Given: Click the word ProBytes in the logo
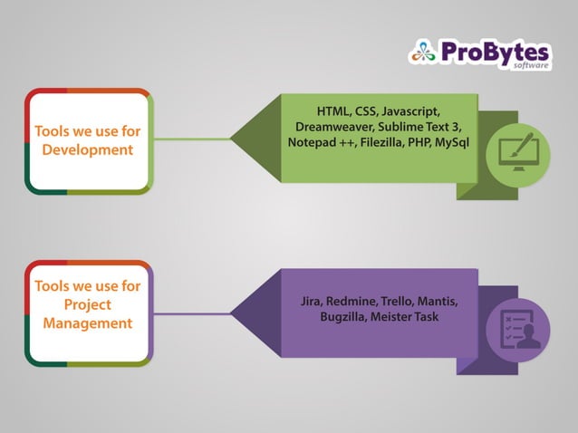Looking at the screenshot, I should tap(495, 52).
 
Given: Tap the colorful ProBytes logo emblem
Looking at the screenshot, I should tap(423, 52).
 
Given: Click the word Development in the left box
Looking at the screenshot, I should tap(88, 149).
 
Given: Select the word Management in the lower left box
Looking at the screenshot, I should tap(88, 322).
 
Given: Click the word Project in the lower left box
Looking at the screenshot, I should tap(88, 304).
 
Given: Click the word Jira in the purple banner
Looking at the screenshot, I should tap(311, 301).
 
